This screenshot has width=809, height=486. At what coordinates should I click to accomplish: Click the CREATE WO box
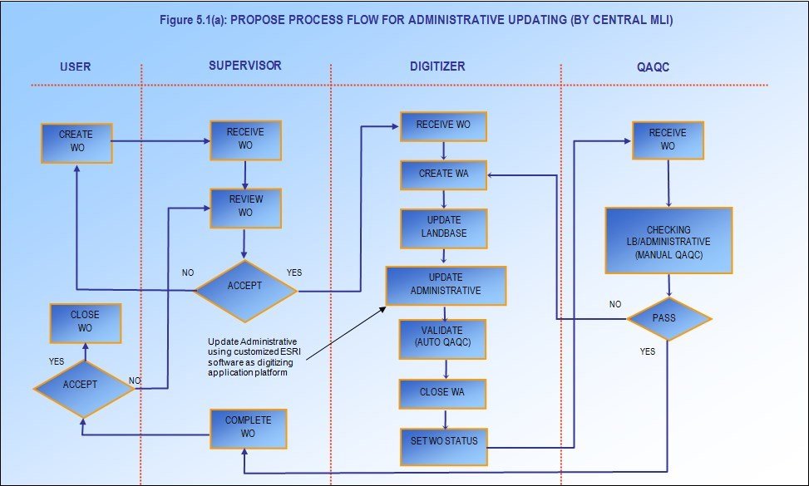point(76,142)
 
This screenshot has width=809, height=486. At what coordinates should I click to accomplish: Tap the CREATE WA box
point(442,174)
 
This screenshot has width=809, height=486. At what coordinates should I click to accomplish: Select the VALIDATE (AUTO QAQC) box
point(443,340)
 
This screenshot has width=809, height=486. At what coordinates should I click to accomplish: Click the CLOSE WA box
point(442,394)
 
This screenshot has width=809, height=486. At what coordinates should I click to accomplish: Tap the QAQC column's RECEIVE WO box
point(667,140)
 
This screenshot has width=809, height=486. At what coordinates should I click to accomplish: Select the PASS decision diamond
point(669,319)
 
